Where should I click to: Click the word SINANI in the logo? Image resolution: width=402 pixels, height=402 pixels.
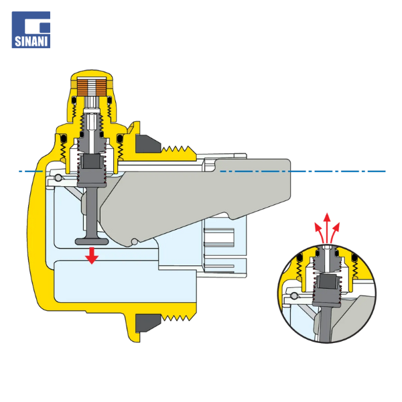[x=31, y=42]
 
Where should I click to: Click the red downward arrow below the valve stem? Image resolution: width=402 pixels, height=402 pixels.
[x=92, y=256]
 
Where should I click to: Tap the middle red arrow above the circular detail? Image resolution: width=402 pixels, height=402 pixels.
[x=327, y=228]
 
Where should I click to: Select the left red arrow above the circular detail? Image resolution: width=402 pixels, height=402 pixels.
[x=320, y=232]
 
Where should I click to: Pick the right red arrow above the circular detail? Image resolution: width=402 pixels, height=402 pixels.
[x=335, y=232]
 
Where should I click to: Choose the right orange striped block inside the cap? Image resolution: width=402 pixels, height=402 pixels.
[x=101, y=87]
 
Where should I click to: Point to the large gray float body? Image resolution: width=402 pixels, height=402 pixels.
[x=195, y=200]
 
